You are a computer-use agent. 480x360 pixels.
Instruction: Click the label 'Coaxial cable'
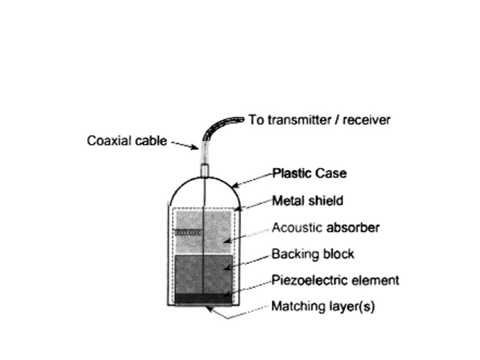pos(127,142)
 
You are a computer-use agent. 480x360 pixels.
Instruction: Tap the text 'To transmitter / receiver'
pos(320,120)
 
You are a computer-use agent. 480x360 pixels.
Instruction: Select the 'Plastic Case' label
pos(310,173)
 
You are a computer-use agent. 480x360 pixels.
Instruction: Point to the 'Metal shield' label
pos(308,200)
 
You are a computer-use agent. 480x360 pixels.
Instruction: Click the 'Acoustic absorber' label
pos(326,227)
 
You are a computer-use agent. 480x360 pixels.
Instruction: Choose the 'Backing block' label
pos(313,254)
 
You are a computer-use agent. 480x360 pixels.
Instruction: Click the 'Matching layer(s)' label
pos(323,307)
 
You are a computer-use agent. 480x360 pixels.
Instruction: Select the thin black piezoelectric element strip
pos(204,298)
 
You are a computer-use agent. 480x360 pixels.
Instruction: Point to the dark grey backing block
pos(204,274)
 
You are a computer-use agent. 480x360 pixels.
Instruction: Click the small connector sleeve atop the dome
pos(204,170)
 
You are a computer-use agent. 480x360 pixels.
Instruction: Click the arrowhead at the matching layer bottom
pos(209,309)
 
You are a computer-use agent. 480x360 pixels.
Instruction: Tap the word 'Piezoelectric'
pos(304,280)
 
